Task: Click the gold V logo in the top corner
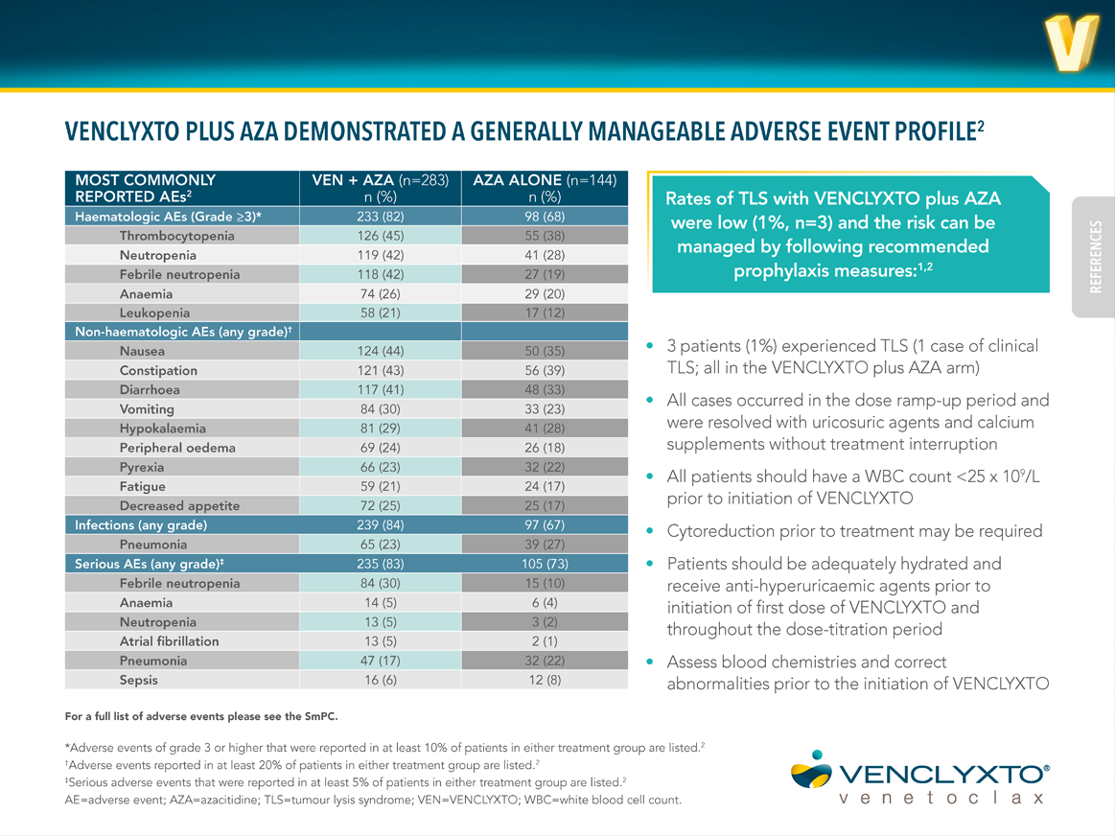[x=1071, y=44]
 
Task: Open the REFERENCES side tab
[x=1095, y=257]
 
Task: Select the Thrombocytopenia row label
[x=176, y=236]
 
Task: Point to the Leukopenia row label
[x=154, y=313]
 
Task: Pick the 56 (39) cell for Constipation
[x=544, y=370]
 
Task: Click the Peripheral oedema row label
[x=177, y=448]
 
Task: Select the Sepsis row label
[x=139, y=680]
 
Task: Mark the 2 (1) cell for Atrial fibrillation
[x=544, y=641]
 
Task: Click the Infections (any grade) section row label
[x=141, y=524]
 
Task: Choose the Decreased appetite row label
[x=179, y=505]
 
